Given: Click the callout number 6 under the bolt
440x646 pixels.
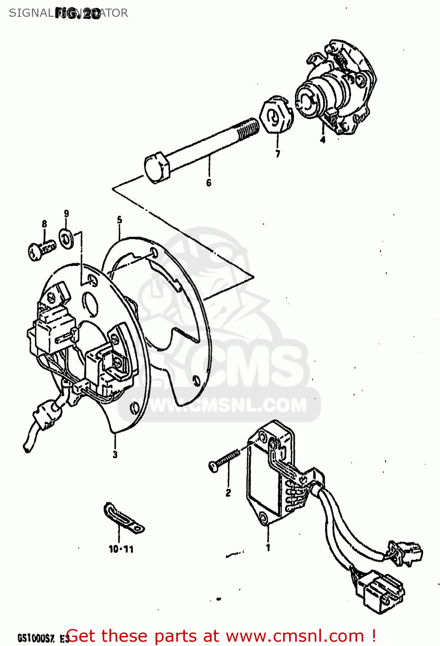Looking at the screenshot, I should click(x=209, y=183).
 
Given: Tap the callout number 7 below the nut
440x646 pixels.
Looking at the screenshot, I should click(x=278, y=153).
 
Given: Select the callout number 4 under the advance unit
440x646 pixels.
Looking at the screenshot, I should click(x=322, y=139).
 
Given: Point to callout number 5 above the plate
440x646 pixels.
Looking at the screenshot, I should click(x=119, y=220).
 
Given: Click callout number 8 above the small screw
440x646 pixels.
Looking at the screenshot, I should click(x=44, y=224).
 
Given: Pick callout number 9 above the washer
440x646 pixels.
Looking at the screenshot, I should click(x=66, y=213).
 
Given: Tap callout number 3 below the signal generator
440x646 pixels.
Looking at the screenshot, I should click(x=115, y=454).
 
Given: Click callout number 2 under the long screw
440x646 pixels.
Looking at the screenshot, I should click(x=228, y=493).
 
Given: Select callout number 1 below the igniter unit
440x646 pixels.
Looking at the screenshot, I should click(x=268, y=547).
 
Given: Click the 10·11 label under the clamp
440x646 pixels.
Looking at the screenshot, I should click(x=121, y=549).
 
